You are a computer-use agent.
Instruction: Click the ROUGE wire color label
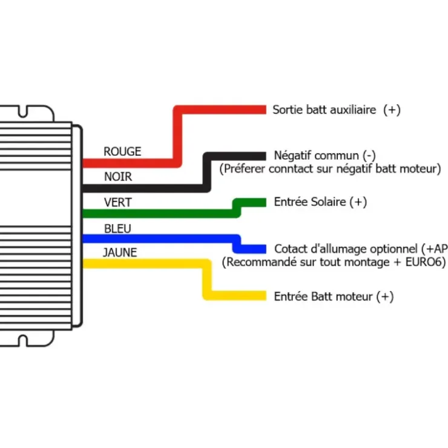(x=122, y=151)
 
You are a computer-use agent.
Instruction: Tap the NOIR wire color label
(x=118, y=177)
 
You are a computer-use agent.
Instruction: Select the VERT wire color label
(x=117, y=203)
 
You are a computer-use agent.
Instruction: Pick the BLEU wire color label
(x=117, y=229)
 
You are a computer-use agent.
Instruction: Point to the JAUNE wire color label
(x=120, y=252)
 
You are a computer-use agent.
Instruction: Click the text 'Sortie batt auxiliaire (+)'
(x=337, y=110)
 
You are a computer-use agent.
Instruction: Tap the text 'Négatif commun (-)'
(x=324, y=156)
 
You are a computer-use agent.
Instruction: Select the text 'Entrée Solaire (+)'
(x=320, y=202)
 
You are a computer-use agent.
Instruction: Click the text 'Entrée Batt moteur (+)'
(x=334, y=297)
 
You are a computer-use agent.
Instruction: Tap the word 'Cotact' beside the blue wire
(x=290, y=249)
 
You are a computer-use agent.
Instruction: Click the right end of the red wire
(x=266, y=110)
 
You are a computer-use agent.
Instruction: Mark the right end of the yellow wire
(x=266, y=295)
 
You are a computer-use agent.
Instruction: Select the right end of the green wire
(x=266, y=203)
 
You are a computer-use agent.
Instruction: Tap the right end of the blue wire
(x=266, y=249)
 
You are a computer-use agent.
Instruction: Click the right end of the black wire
(x=266, y=156)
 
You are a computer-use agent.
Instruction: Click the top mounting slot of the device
(x=23, y=112)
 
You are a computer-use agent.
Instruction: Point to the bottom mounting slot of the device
(x=23, y=341)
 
